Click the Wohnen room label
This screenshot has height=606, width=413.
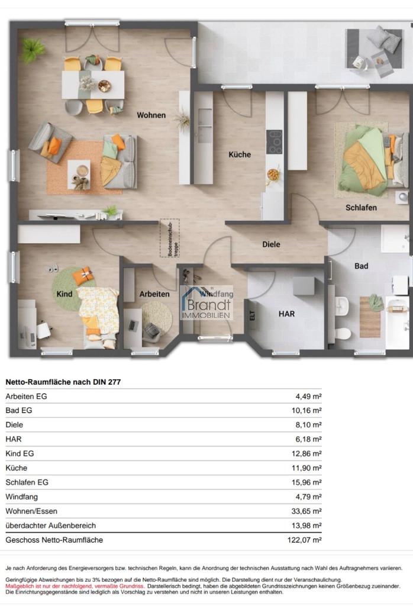coord(151,115)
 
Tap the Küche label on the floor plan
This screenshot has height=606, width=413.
coord(240,154)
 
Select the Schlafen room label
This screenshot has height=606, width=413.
coord(361,208)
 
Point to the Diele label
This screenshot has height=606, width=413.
coord(271,244)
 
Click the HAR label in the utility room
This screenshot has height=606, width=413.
coord(286,314)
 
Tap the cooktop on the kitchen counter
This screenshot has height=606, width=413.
coord(275,142)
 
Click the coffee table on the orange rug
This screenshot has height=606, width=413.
coord(79,175)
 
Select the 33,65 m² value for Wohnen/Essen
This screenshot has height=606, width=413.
coord(306,511)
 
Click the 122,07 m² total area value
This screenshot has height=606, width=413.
coord(305,540)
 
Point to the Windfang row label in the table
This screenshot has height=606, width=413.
coord(22,497)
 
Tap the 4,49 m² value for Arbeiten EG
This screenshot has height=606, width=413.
coord(309,396)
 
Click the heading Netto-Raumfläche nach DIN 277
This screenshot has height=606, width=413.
coord(63,382)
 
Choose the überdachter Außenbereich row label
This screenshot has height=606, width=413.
coord(51,526)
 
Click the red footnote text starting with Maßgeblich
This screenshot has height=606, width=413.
coord(75,586)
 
